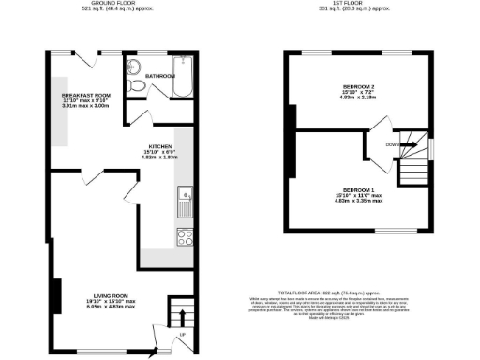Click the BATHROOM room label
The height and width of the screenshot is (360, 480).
coord(160,75)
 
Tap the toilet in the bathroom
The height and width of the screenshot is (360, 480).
coord(138,85)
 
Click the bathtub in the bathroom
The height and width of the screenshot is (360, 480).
coord(182,77)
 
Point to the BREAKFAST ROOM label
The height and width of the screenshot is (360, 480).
coord(86,95)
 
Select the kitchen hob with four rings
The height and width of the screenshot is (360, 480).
coord(185,236)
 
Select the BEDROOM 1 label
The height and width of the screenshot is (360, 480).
coord(359,190)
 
